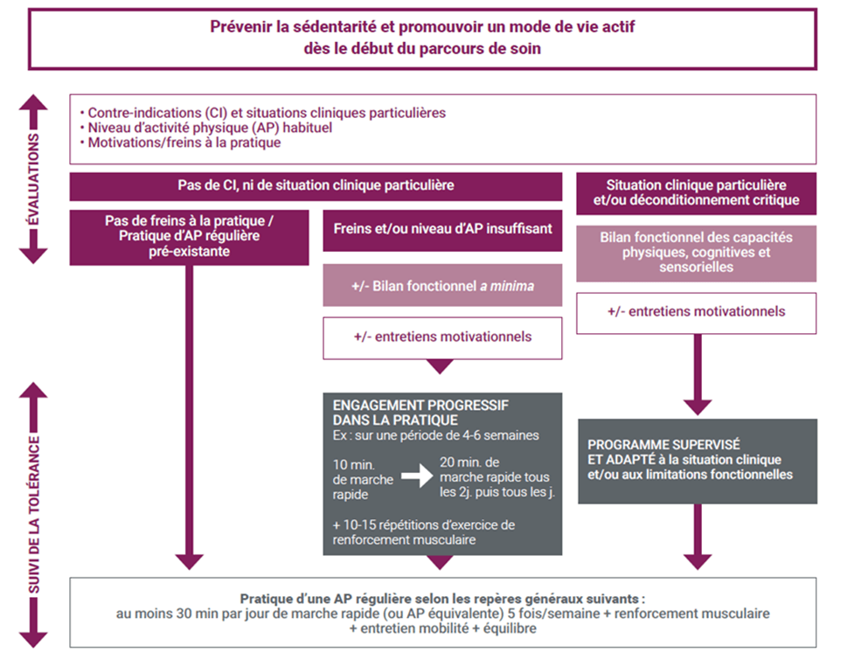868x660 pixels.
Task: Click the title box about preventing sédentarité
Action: tap(423, 38)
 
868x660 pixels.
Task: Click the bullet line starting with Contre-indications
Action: tap(262, 113)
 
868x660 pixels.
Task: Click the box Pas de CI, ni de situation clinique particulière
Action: tap(316, 186)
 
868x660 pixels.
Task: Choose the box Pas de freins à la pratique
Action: tap(189, 236)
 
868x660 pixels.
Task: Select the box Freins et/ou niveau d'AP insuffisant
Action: tap(442, 229)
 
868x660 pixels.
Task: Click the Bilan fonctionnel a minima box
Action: tap(442, 285)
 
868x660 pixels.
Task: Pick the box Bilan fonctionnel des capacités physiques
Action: tap(696, 253)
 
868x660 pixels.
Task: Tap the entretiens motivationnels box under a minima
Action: tap(442, 337)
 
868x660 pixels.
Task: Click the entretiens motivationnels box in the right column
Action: tap(696, 312)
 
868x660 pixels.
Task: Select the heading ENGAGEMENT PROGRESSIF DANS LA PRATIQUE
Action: tap(421, 413)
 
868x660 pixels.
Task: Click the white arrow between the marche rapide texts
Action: tap(418, 476)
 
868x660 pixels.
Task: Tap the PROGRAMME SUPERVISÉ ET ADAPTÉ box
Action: tap(696, 461)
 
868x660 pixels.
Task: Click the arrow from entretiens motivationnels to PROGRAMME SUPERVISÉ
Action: tap(697, 376)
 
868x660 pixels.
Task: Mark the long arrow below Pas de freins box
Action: tap(189, 420)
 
